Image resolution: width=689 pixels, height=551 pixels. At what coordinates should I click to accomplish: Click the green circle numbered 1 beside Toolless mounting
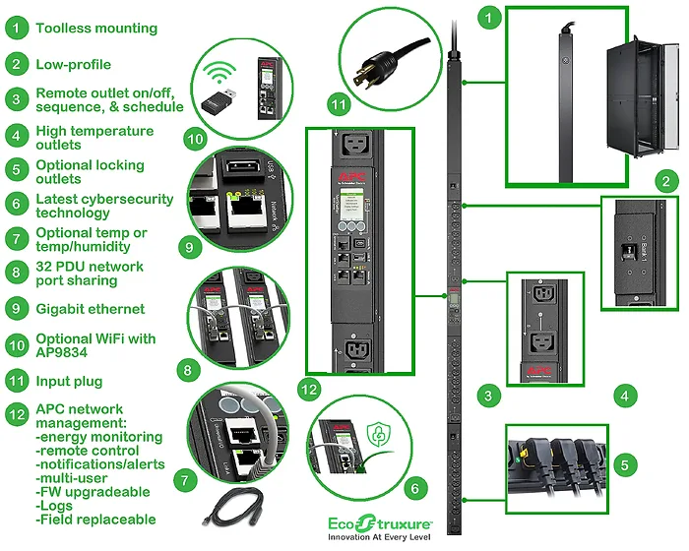16,28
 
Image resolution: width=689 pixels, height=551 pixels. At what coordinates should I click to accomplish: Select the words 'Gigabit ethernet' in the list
91,308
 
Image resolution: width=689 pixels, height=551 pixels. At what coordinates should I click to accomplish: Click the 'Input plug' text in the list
69,381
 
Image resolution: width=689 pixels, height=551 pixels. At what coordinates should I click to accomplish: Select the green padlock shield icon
379,439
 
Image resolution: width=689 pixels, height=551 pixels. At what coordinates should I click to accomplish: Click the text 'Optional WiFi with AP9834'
95,345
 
